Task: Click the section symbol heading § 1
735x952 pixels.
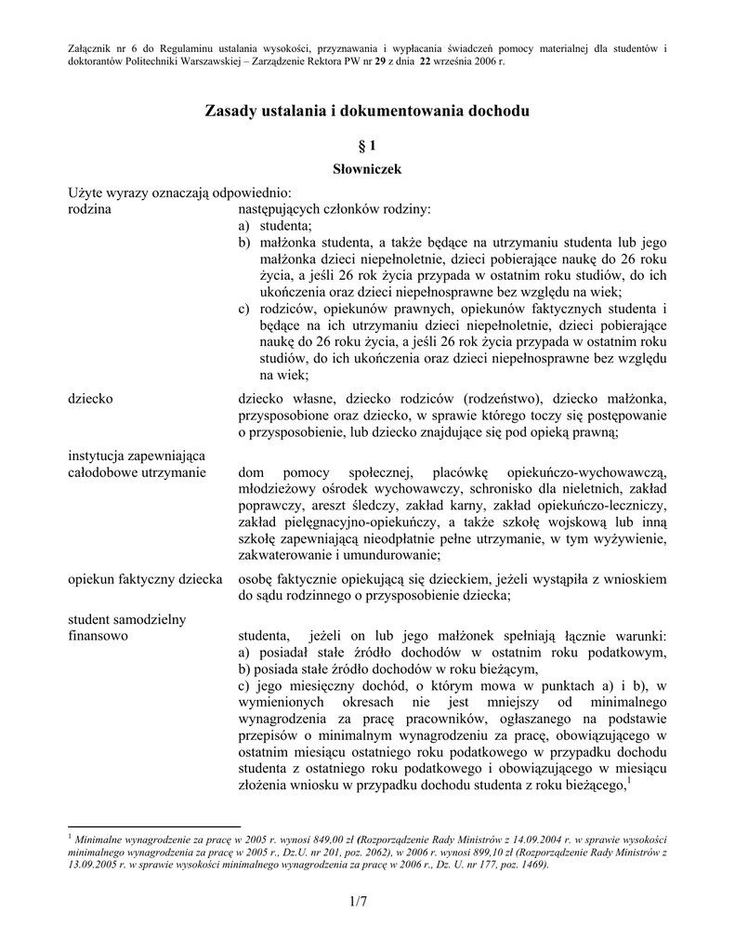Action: point(367,146)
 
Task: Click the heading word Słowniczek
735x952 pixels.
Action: point(367,169)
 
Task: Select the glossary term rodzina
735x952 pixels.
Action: point(90,209)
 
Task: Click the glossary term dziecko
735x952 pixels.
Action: point(91,398)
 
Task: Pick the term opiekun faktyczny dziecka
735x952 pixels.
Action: point(145,578)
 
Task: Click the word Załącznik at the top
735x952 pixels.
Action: point(95,47)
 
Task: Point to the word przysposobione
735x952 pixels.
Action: point(283,415)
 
